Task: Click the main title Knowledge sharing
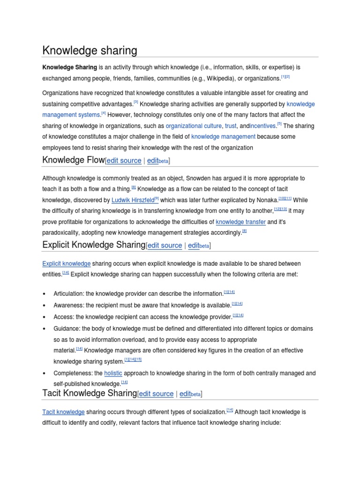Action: pos(90,50)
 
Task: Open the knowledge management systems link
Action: pos(71,115)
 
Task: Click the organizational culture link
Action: pos(190,126)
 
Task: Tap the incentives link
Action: pos(263,126)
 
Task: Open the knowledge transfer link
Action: pos(240,222)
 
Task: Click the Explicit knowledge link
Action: pos(66,264)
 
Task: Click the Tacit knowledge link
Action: pos(63,412)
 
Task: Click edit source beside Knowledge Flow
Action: pos(124,160)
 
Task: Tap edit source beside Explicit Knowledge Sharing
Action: pos(165,246)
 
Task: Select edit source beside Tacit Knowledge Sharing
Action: pos(156,394)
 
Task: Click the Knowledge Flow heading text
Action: pos(73,160)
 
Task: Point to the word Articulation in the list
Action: pos(68,294)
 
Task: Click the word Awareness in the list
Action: pos(68,305)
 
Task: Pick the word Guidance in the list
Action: pos(66,329)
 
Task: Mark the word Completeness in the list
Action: pos(72,374)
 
